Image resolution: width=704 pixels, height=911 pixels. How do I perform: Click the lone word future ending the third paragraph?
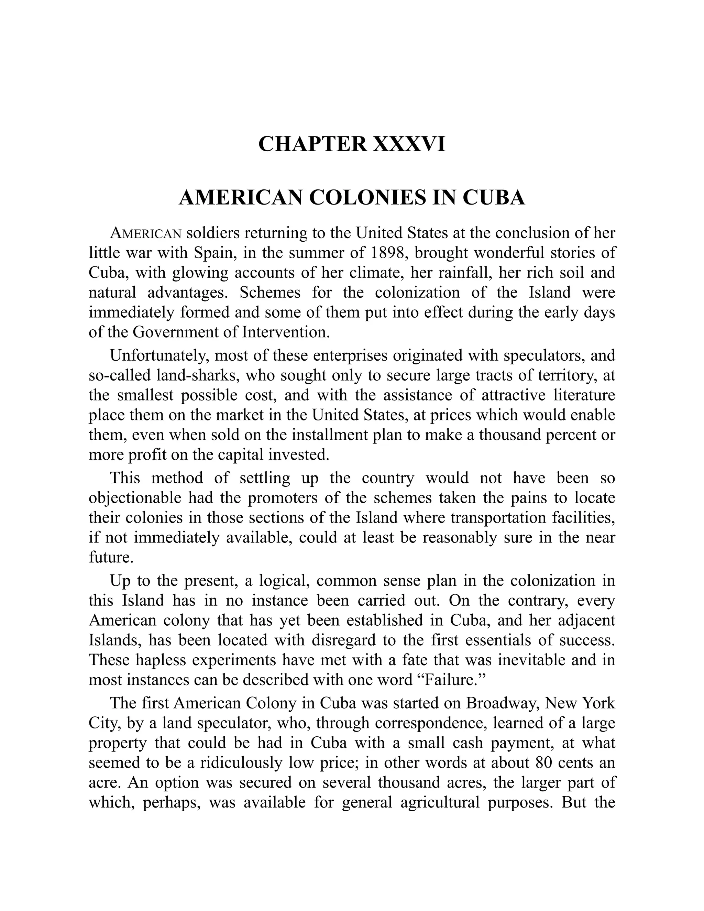(x=111, y=557)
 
